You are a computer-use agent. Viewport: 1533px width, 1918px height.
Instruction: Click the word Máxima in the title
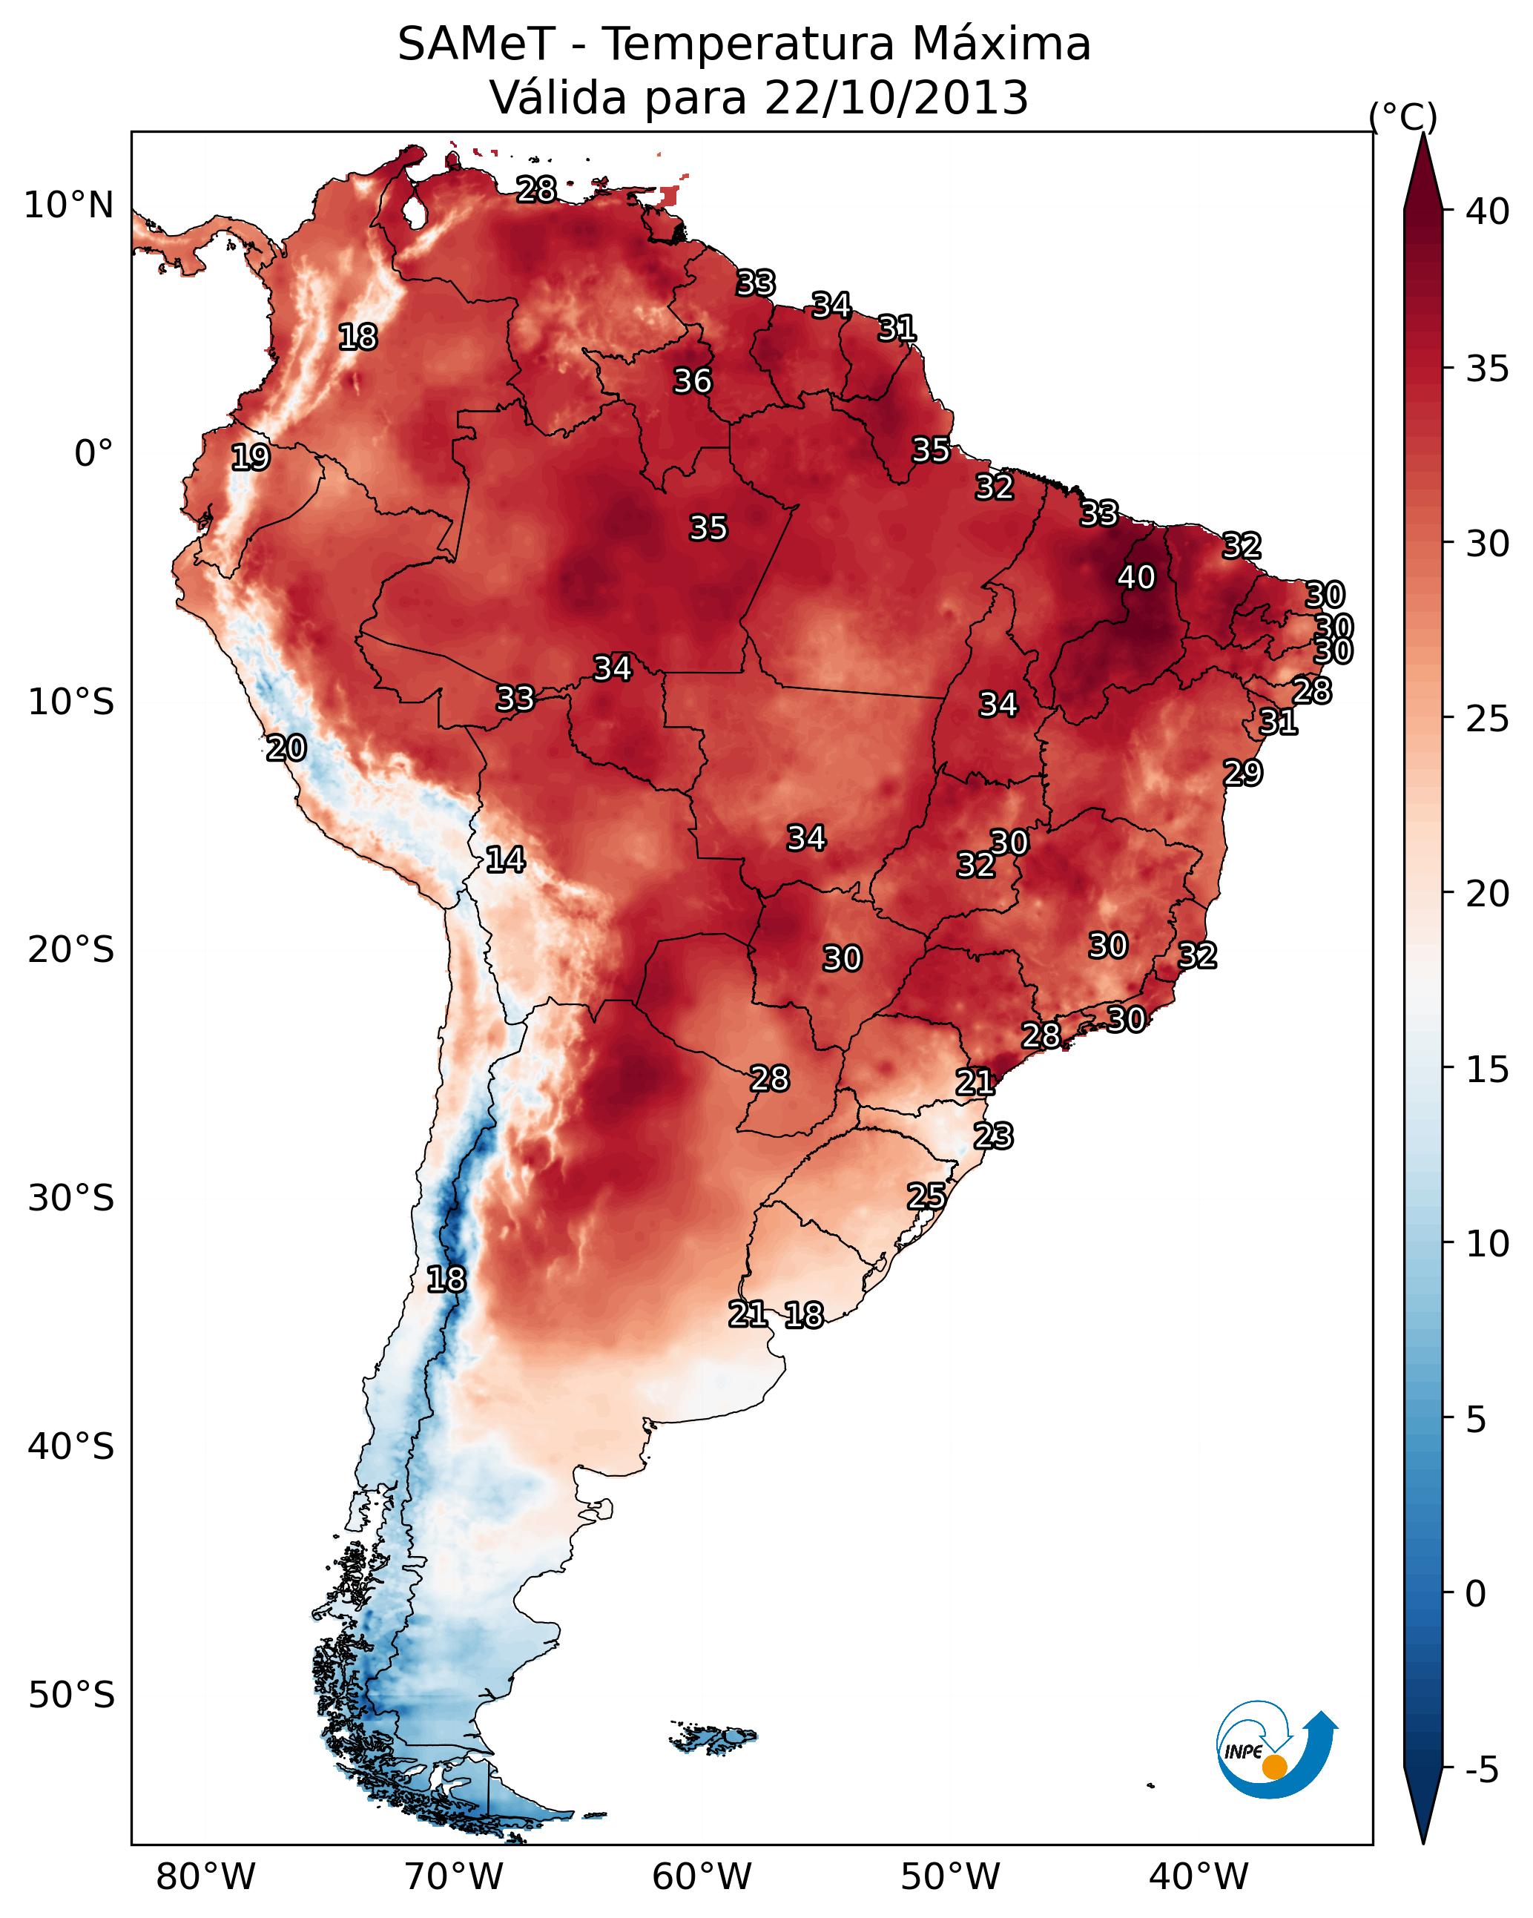point(1001,45)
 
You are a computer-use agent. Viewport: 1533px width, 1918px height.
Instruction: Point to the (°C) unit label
point(1402,116)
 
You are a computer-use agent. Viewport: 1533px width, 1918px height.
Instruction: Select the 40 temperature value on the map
point(1136,577)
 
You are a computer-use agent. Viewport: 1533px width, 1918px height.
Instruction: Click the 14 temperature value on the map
point(505,860)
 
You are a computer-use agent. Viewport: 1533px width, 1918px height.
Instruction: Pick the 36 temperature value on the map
point(692,380)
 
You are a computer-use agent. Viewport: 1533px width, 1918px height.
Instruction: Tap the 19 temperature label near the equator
point(250,458)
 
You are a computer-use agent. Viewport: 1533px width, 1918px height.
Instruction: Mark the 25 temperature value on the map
point(926,1196)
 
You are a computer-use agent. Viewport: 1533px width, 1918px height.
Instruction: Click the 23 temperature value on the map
point(993,1136)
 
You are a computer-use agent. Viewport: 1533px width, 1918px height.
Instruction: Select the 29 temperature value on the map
point(1242,772)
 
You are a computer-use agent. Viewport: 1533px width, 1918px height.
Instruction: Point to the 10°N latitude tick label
point(68,205)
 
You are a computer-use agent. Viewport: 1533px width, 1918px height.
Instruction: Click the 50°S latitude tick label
point(71,1695)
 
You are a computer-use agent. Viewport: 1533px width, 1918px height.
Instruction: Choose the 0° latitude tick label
point(93,454)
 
